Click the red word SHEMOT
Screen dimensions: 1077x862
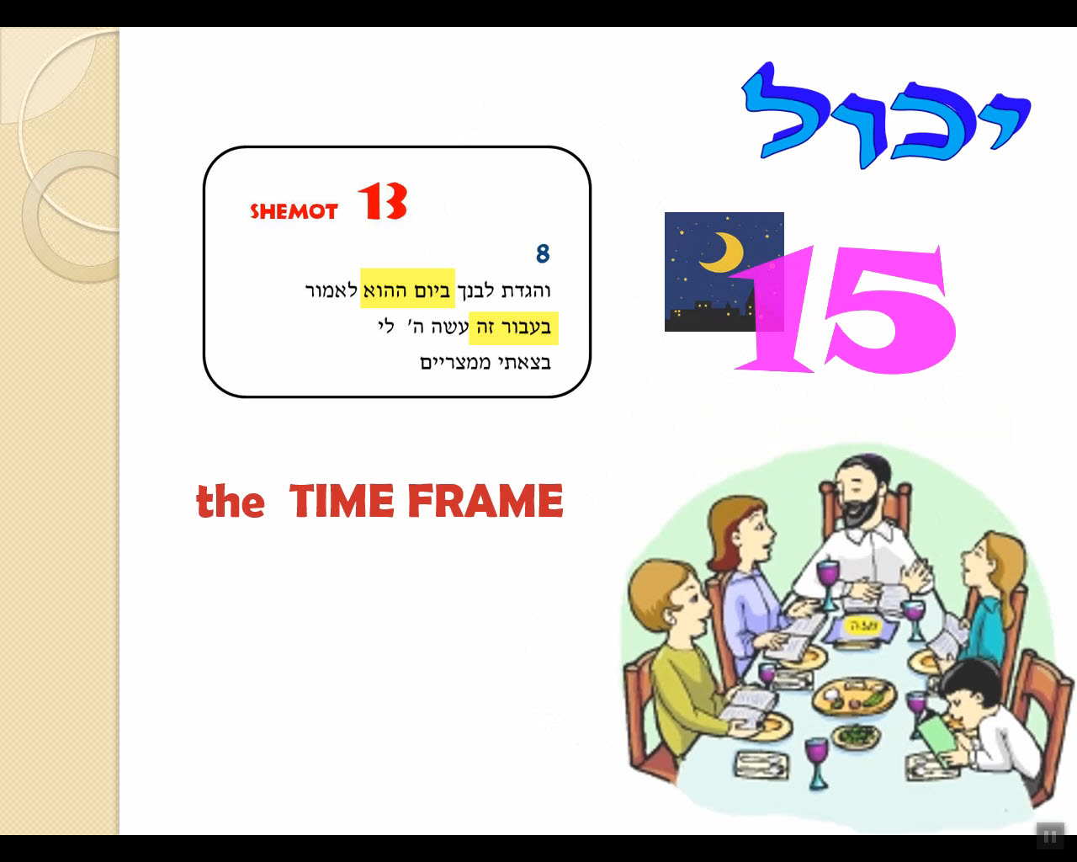(x=294, y=211)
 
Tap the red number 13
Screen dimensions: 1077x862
(x=382, y=201)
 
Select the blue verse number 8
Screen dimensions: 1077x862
(x=543, y=254)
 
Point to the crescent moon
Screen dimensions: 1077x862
(x=723, y=253)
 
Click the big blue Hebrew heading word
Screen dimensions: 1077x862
(x=885, y=115)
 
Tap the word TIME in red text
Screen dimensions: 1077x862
(x=342, y=500)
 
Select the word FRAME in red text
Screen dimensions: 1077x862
(x=485, y=500)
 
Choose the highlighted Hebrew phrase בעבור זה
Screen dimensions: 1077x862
(x=513, y=328)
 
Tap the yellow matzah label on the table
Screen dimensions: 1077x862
(x=858, y=625)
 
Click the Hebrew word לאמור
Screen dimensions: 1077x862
(x=332, y=290)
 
